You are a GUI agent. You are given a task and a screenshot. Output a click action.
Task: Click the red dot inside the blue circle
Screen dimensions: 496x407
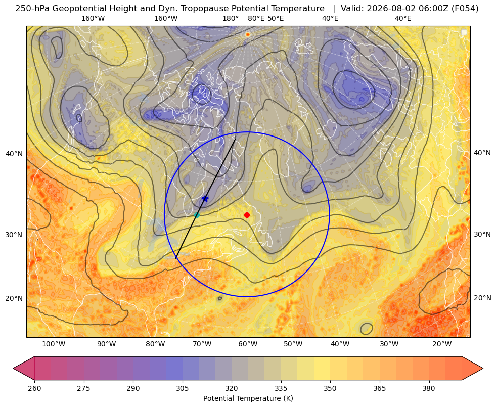coord(247,215)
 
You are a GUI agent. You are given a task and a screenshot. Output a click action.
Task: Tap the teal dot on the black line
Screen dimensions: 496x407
coord(197,215)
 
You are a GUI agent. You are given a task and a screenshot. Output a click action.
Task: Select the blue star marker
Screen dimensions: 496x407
coord(205,199)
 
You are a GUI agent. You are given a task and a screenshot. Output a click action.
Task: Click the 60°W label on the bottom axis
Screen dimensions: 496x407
coord(248,344)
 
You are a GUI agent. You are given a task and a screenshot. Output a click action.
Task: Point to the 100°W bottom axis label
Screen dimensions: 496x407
coord(54,344)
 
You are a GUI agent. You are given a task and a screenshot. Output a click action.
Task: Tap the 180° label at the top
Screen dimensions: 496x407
coord(231,18)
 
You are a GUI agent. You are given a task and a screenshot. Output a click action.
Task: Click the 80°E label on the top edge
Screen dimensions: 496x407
coord(256,18)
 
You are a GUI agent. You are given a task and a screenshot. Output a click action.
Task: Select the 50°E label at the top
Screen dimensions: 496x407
coord(276,18)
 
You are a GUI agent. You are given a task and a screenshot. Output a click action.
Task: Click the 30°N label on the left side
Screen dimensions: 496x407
coord(14,235)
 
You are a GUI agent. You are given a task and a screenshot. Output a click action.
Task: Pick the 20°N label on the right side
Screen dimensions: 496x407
coord(482,298)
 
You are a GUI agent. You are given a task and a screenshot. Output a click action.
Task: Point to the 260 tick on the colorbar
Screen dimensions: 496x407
coord(34,388)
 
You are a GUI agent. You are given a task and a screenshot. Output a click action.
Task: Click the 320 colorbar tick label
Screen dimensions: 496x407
coord(232,388)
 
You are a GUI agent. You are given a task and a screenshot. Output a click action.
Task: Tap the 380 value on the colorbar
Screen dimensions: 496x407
coord(429,388)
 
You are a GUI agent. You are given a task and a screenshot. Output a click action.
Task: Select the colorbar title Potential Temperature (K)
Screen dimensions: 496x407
coord(248,398)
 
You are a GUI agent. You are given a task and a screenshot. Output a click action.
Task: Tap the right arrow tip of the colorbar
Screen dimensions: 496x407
coord(483,368)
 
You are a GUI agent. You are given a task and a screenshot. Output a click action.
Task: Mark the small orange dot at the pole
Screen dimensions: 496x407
coord(248,34)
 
